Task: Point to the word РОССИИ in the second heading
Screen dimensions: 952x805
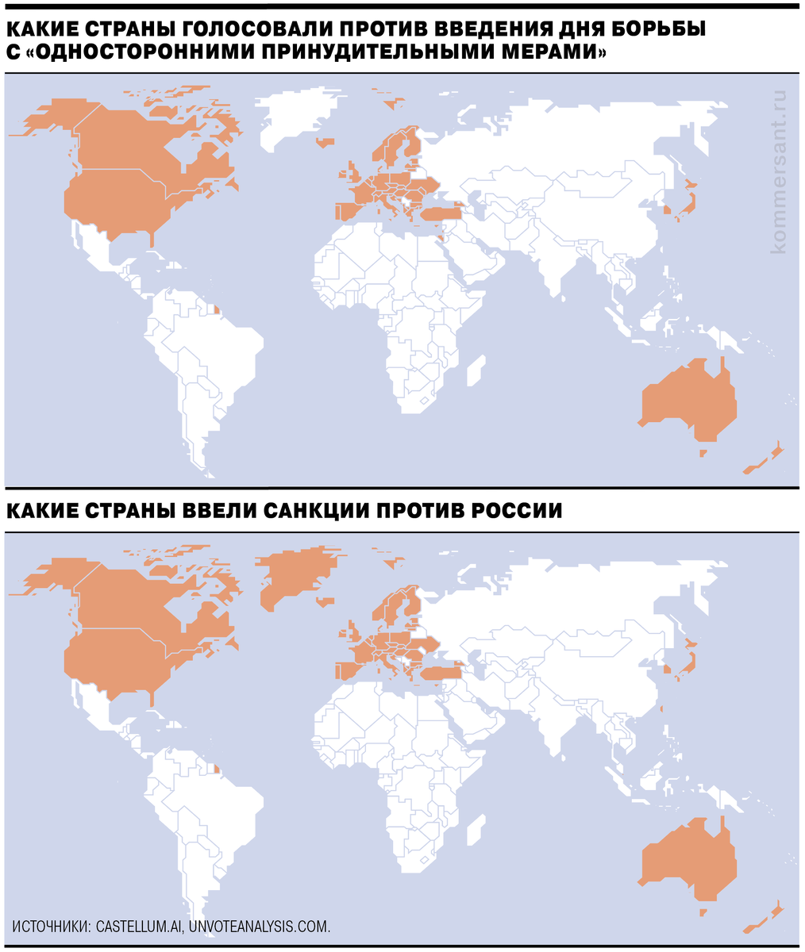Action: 516,510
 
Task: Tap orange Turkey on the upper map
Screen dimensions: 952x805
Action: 440,213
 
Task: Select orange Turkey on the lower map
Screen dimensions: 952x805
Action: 441,674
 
